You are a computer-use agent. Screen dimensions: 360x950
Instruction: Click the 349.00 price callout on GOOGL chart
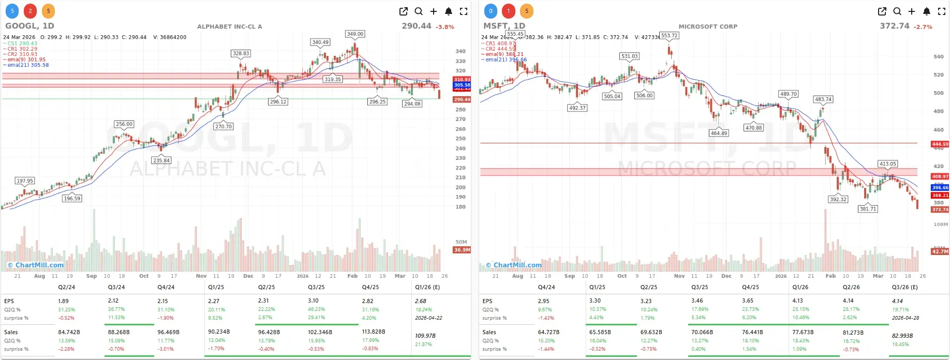click(x=355, y=34)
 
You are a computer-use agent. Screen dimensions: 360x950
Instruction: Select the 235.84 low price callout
click(x=161, y=160)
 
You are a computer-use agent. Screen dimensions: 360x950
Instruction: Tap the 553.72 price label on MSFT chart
click(x=669, y=36)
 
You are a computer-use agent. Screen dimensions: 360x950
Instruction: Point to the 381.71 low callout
click(x=868, y=209)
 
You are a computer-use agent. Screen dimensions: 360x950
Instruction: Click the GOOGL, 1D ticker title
click(x=29, y=26)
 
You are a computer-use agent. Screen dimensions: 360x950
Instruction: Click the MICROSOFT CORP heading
click(x=708, y=26)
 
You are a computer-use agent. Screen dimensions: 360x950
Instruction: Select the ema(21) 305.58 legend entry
click(x=28, y=65)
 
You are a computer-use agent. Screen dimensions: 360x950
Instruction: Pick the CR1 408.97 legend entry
click(x=500, y=43)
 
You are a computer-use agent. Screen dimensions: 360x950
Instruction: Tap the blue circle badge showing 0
click(x=491, y=11)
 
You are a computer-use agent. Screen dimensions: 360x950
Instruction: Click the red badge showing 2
click(x=30, y=11)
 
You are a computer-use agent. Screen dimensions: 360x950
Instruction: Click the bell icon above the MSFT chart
click(x=927, y=11)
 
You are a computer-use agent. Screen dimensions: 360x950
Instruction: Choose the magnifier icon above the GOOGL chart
click(x=419, y=11)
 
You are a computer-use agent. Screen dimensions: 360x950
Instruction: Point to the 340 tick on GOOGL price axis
click(x=460, y=51)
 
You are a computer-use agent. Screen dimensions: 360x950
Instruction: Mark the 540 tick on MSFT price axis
click(x=938, y=57)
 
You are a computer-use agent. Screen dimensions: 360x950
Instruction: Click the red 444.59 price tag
click(x=940, y=144)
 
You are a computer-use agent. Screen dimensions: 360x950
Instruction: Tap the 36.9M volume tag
click(x=462, y=250)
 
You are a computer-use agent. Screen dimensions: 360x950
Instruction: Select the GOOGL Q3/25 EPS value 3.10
click(x=313, y=301)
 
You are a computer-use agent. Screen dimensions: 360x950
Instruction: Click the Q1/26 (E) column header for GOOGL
click(x=427, y=287)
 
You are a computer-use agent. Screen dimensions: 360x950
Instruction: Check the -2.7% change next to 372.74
click(x=923, y=27)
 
